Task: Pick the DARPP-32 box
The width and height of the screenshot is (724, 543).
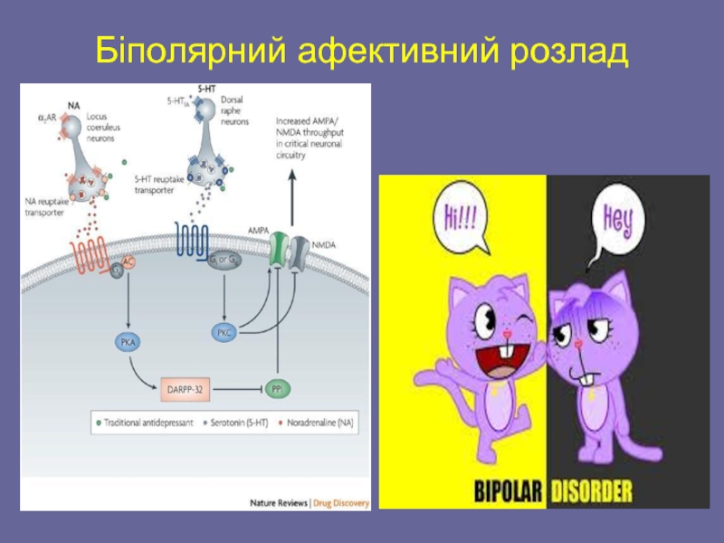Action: [184, 388]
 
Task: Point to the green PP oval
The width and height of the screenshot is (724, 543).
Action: [277, 388]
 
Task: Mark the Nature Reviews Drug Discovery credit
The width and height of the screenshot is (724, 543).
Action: [310, 503]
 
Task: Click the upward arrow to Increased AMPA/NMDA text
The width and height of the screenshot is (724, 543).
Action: [292, 195]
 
